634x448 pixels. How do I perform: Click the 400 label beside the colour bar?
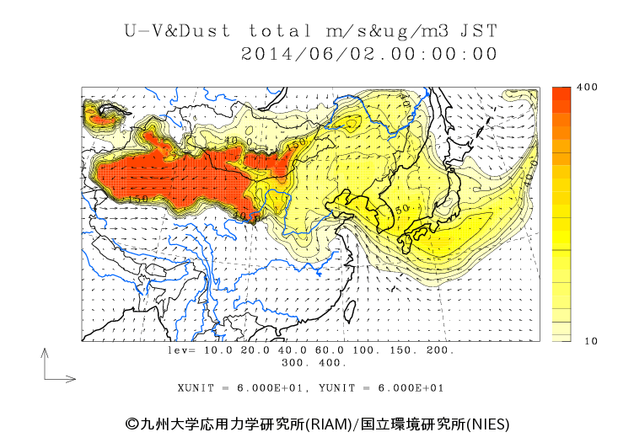click(587, 88)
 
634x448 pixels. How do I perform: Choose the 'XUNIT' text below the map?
click(197, 388)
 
